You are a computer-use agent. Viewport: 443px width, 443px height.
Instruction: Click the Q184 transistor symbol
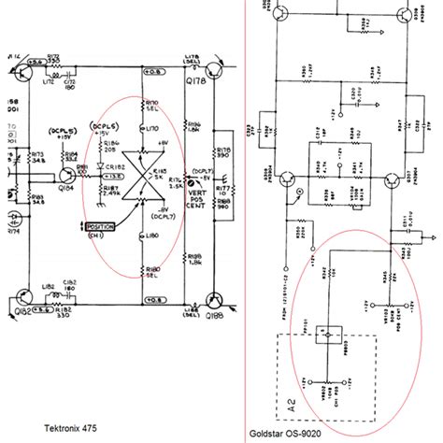[x=68, y=174]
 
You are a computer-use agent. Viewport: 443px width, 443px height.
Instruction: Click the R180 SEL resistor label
[x=151, y=269]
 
